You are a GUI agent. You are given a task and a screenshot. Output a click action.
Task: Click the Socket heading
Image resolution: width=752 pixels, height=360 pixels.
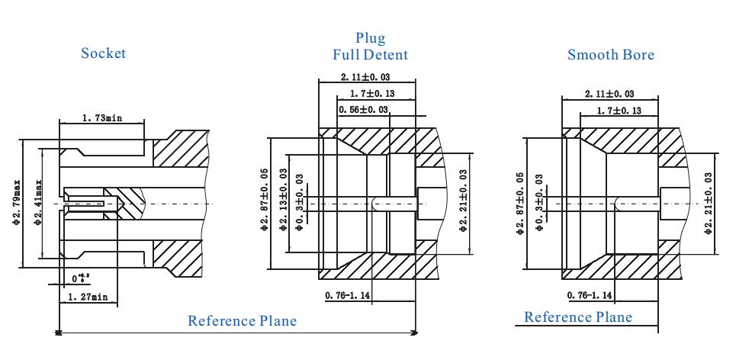[104, 53]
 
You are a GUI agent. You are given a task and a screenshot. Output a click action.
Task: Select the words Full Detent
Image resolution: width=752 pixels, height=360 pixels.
[370, 54]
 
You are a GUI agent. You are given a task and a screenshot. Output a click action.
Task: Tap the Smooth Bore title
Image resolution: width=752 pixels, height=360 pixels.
[611, 55]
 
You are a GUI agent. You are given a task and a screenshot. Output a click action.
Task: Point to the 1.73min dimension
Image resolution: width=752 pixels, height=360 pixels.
[101, 118]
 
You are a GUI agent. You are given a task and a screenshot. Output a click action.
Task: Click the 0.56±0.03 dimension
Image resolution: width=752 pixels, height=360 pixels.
[363, 110]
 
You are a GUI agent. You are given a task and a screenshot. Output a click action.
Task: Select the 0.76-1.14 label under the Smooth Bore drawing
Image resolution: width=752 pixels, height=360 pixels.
[590, 294]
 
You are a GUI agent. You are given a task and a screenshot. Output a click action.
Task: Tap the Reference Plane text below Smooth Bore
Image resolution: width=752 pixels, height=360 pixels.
[578, 317]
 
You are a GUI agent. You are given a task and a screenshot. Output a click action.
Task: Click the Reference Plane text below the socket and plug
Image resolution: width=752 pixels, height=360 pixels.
[242, 320]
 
